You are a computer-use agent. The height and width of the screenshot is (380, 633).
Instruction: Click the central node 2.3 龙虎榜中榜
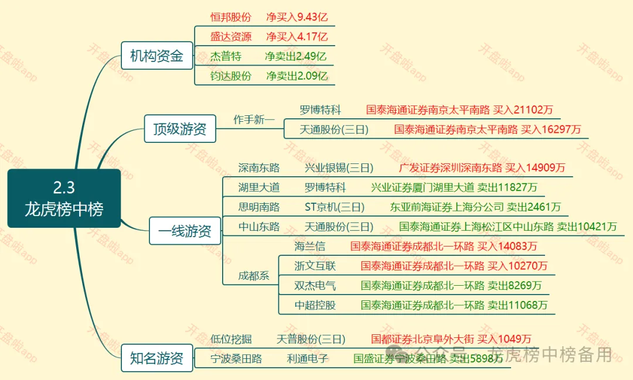pyautogui.click(x=64, y=198)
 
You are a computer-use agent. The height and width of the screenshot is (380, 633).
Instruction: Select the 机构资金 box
pyautogui.click(x=156, y=56)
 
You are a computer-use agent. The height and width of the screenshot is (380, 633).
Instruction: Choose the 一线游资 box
pyautogui.click(x=185, y=231)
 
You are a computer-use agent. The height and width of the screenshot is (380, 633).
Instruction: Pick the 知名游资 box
pyautogui.click(x=156, y=358)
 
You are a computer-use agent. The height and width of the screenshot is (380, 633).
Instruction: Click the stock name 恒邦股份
pyautogui.click(x=230, y=17)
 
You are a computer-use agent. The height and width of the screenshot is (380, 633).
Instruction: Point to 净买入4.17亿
pyautogui.click(x=297, y=36)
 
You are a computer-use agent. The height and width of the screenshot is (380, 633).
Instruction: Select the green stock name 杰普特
pyautogui.click(x=226, y=56)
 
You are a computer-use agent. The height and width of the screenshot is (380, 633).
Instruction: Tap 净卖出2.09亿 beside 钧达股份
pyautogui.click(x=297, y=76)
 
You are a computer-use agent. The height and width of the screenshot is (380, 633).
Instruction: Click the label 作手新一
pyautogui.click(x=254, y=120)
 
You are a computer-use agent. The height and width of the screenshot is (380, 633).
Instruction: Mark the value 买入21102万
pyautogui.click(x=523, y=110)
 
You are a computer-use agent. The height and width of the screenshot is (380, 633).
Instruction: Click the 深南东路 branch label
pyautogui.click(x=259, y=168)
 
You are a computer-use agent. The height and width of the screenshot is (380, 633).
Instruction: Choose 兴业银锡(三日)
pyautogui.click(x=338, y=168)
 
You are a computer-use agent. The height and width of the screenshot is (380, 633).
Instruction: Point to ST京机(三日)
pyautogui.click(x=334, y=207)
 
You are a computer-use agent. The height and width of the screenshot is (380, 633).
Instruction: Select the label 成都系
pyautogui.click(x=254, y=276)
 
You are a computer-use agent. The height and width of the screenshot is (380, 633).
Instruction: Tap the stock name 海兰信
pyautogui.click(x=309, y=247)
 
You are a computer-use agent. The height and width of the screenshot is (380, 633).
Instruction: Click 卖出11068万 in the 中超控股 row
pyautogui.click(x=518, y=305)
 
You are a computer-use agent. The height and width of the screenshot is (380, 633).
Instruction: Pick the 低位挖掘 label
pyautogui.click(x=231, y=339)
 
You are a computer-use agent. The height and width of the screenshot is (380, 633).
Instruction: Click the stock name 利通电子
pyautogui.click(x=308, y=359)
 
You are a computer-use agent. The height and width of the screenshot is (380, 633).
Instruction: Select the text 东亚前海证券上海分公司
pyautogui.click(x=446, y=207)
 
